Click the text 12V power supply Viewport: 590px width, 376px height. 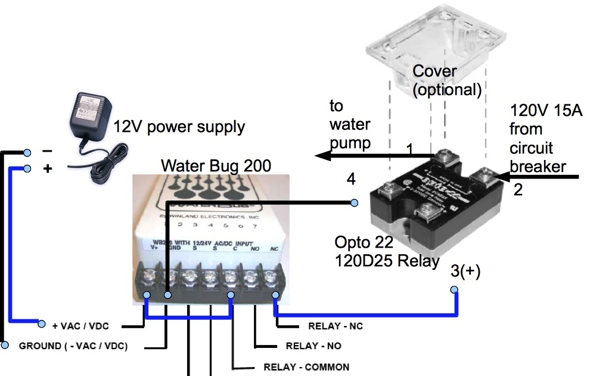(179, 127)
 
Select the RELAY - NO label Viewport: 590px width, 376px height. (314, 346)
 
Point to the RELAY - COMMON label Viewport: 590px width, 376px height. (306, 366)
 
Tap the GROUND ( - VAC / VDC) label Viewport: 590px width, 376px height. (73, 346)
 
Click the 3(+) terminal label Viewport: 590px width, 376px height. (465, 272)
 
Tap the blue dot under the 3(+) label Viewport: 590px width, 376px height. (454, 290)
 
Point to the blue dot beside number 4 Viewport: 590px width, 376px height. (353, 203)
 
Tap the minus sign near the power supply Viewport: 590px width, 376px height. (47, 151)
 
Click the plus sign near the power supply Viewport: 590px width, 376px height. (48, 169)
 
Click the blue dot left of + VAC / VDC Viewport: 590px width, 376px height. (42, 324)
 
